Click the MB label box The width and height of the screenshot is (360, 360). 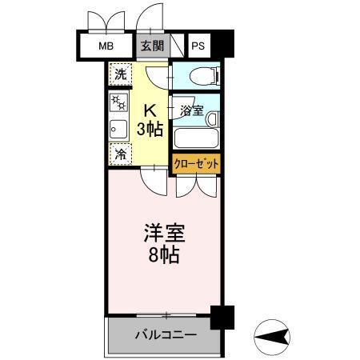click(107, 46)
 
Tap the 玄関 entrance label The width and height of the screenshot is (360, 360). click(152, 46)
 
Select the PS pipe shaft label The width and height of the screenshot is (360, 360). click(198, 46)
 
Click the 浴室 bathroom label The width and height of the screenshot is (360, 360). click(192, 110)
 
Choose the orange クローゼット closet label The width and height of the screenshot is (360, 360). click(197, 163)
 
